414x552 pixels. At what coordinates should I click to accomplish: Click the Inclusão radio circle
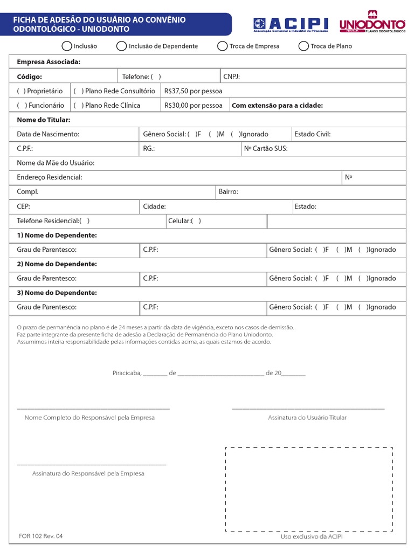(x=67, y=46)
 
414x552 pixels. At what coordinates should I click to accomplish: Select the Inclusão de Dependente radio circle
(x=122, y=46)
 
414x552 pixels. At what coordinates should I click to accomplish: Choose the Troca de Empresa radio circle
(x=222, y=46)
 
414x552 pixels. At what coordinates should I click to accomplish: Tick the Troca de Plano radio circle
(x=303, y=46)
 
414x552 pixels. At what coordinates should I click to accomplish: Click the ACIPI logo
(x=291, y=25)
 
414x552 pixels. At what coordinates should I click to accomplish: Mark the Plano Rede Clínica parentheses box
(x=78, y=106)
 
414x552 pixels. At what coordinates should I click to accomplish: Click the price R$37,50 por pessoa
(x=193, y=91)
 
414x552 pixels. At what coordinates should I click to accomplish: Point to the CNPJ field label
(x=231, y=77)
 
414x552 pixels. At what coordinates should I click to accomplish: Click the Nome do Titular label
(x=44, y=120)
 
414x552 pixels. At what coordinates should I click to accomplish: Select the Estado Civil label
(x=313, y=134)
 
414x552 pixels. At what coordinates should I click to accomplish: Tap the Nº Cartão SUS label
(x=266, y=149)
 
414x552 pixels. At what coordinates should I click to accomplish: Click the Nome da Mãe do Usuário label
(x=56, y=163)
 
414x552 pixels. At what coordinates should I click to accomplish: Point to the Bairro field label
(x=228, y=192)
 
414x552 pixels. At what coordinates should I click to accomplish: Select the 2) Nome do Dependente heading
(x=57, y=264)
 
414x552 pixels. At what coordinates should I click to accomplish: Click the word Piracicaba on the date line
(x=126, y=373)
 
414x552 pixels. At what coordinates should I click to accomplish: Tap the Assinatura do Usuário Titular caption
(x=307, y=418)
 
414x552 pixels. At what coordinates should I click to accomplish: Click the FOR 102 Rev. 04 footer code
(x=40, y=536)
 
